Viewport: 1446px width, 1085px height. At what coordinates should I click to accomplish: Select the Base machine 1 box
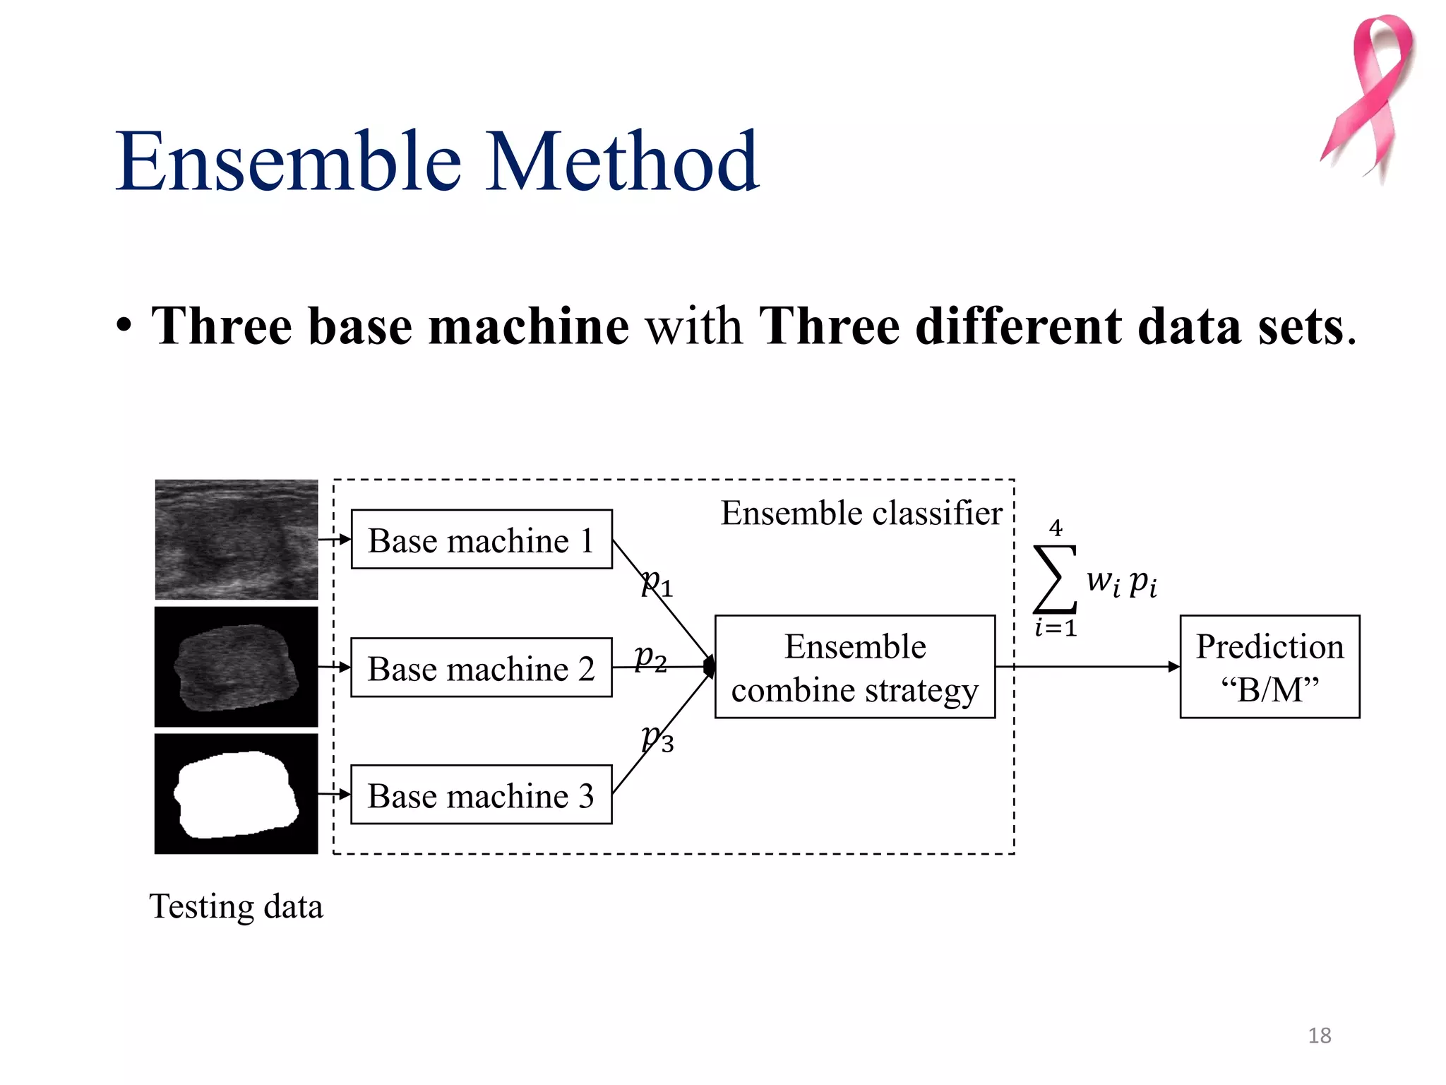(481, 540)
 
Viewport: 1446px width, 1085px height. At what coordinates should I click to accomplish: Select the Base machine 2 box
(481, 668)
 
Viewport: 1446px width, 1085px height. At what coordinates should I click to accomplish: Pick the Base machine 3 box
(481, 795)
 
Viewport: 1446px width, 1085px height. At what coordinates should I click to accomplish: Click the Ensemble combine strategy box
(854, 668)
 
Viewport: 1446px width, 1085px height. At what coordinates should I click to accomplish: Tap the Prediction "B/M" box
(1269, 668)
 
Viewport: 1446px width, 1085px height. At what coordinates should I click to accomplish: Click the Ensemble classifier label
(861, 513)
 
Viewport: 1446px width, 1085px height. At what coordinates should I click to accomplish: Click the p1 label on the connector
(656, 583)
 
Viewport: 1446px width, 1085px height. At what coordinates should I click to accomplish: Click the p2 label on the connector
(650, 658)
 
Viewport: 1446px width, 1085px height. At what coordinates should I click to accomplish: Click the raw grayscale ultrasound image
(236, 540)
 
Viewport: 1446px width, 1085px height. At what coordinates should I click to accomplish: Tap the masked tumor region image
(236, 667)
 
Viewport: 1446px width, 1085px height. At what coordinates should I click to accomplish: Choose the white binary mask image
(236, 794)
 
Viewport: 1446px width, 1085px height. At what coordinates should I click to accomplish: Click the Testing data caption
(236, 906)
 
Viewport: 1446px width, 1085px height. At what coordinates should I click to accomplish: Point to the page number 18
(1319, 1036)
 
